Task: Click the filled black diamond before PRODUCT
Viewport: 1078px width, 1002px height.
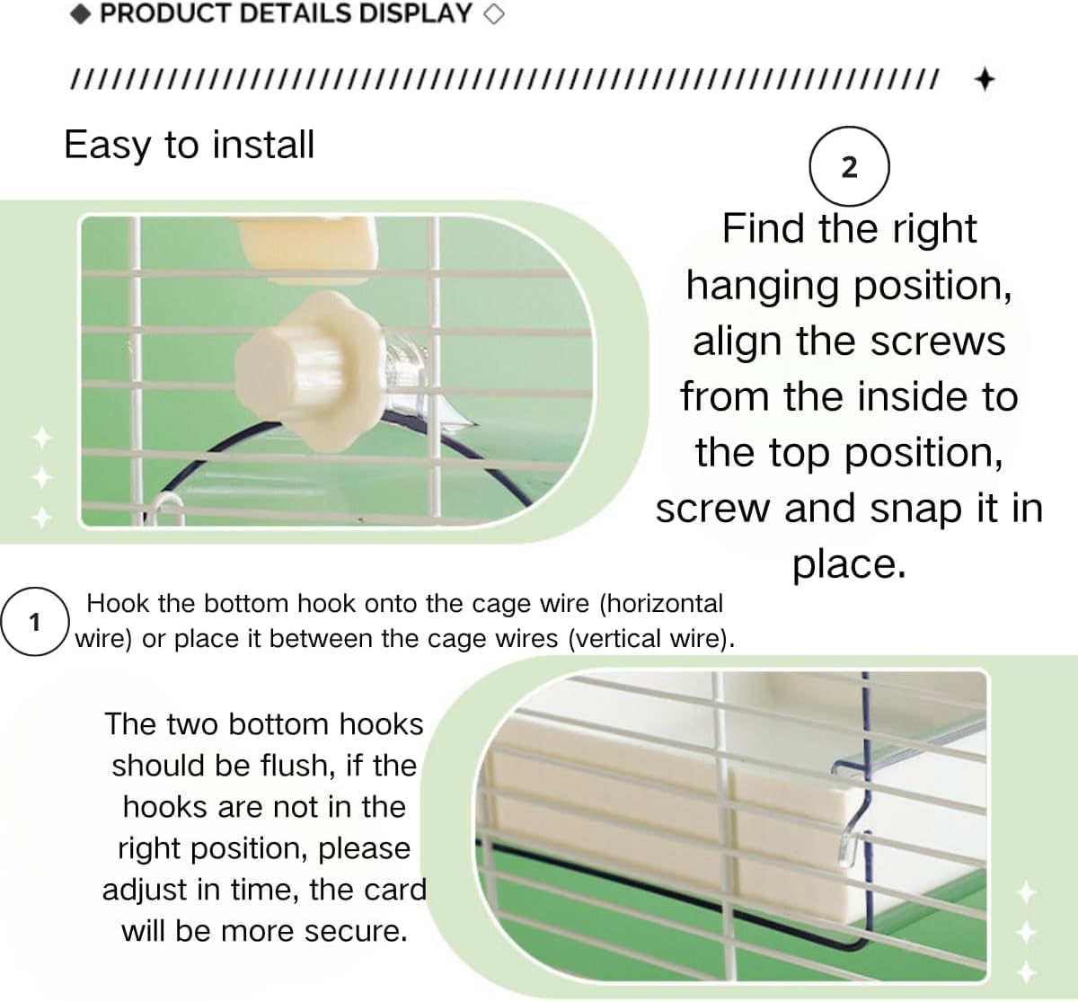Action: (81, 14)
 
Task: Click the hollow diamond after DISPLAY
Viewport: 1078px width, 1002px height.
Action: (493, 14)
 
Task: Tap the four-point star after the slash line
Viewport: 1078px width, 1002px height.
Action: (985, 80)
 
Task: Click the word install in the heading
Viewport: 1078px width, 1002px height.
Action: (263, 145)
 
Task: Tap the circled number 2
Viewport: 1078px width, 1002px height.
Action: (850, 166)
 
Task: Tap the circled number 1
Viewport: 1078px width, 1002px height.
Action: (35, 622)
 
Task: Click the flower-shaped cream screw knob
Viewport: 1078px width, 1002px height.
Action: (306, 371)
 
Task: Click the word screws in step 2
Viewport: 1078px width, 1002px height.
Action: (938, 341)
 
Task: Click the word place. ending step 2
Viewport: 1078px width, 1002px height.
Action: (850, 566)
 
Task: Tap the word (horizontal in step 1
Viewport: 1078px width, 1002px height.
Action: (661, 603)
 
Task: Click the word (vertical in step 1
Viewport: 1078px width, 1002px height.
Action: (610, 638)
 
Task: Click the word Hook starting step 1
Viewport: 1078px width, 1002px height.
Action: (118, 603)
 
